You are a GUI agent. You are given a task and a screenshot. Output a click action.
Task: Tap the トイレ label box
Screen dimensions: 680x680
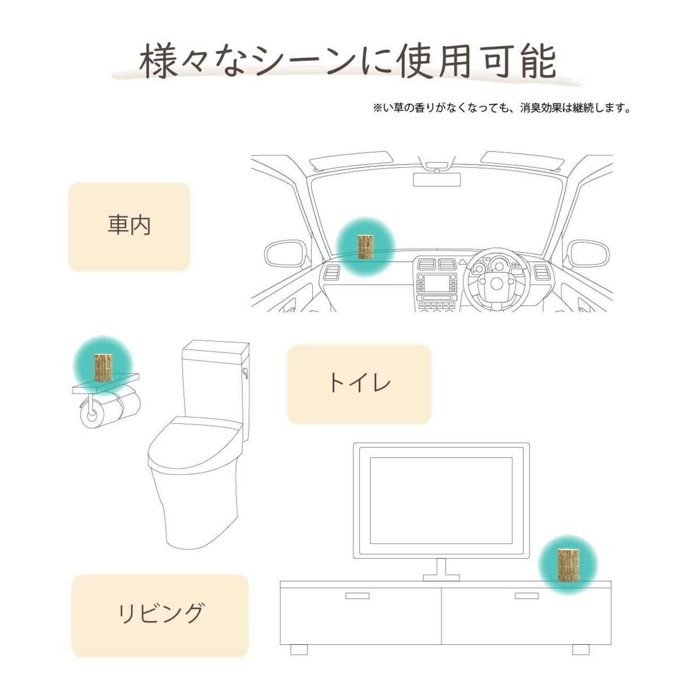point(359,384)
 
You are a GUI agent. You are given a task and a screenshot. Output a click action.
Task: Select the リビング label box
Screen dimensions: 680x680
point(160,615)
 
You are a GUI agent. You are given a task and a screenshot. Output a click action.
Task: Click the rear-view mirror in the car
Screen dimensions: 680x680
point(437,179)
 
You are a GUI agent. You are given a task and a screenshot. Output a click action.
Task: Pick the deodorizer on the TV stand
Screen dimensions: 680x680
point(568,565)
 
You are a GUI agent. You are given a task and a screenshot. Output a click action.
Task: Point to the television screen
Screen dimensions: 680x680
point(440,500)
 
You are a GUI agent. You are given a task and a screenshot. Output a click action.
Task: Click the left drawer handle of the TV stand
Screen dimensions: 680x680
point(357,596)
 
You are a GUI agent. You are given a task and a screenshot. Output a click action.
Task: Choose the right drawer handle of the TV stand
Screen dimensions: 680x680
point(526,596)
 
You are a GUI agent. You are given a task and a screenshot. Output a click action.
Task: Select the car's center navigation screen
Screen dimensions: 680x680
point(437,283)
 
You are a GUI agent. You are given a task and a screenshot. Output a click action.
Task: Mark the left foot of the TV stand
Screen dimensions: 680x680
point(299,650)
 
